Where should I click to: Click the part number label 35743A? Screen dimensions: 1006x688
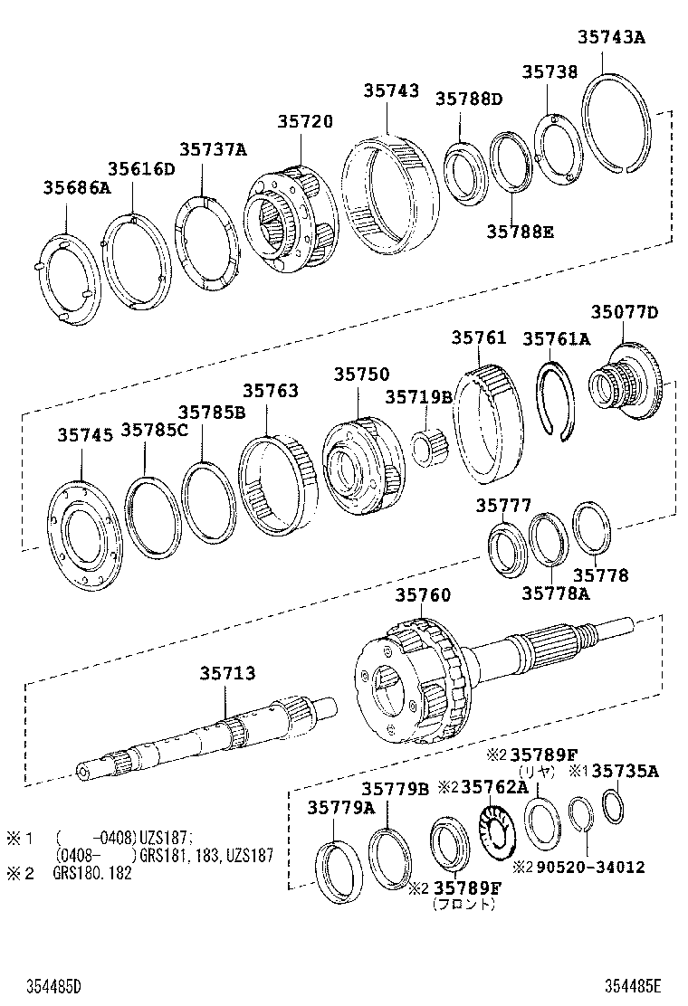(x=613, y=37)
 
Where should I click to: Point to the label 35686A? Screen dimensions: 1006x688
(x=76, y=187)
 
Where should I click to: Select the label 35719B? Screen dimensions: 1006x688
(x=418, y=396)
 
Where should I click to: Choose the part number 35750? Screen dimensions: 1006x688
(x=360, y=374)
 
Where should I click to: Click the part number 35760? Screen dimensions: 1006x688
(x=422, y=595)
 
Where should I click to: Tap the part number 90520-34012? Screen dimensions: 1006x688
(x=588, y=867)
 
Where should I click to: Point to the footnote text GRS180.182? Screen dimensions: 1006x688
(x=93, y=873)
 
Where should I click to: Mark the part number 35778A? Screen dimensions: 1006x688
(x=555, y=593)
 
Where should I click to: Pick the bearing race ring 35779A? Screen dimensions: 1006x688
(x=339, y=872)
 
